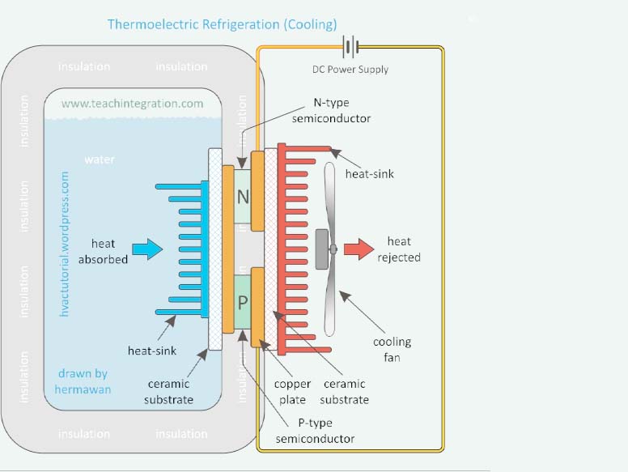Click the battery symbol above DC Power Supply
point(350,47)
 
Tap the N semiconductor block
point(242,195)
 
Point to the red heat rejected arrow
point(358,249)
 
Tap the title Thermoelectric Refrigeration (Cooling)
point(222,23)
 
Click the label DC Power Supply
point(350,70)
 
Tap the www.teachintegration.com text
point(133,104)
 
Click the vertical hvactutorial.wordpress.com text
point(66,232)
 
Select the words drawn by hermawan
point(83,381)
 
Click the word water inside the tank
point(100,159)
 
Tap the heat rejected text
point(399,249)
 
